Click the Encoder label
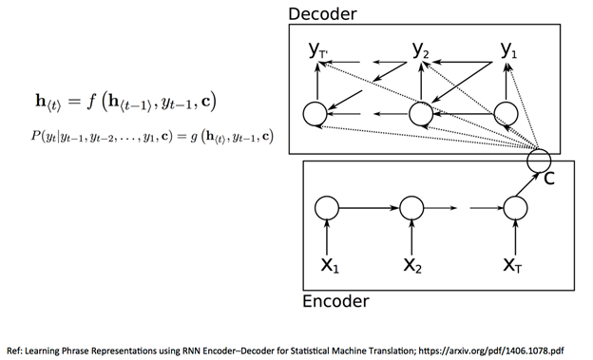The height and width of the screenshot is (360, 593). click(336, 302)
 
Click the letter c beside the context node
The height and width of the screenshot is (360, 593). click(549, 177)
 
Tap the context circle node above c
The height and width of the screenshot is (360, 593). click(539, 159)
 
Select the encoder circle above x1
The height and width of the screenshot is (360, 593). click(328, 206)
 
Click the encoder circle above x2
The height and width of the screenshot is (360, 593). click(411, 206)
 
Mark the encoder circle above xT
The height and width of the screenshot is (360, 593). click(515, 206)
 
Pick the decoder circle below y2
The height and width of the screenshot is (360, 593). click(422, 114)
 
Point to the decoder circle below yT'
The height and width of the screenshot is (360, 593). click(315, 114)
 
